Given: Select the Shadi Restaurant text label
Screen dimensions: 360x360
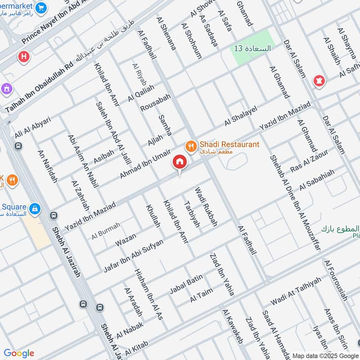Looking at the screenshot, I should click(229, 144).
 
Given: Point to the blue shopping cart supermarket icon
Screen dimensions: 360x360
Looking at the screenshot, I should click(41, 8).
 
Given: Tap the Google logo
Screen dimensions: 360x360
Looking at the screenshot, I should click(19, 353).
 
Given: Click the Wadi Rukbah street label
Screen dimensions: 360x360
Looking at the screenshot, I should click(206, 207).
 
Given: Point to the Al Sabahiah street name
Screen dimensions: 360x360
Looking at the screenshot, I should click(317, 180).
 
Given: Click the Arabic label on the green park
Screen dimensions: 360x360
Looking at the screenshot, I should click(252, 48).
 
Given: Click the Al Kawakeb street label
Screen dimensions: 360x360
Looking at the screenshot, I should click(232, 327).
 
